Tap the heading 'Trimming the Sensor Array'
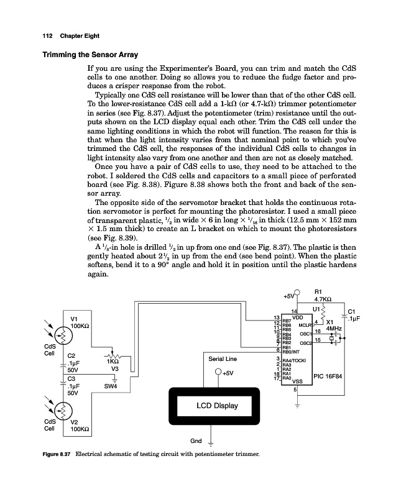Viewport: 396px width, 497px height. [89, 55]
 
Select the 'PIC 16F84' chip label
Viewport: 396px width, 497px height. [331, 376]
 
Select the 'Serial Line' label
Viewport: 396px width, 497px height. [221, 358]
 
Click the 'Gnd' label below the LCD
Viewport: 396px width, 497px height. [196, 440]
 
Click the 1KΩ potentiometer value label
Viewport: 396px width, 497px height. [113, 361]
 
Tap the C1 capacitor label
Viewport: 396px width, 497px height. [351, 311]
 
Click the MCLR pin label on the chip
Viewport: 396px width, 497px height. [305, 324]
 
